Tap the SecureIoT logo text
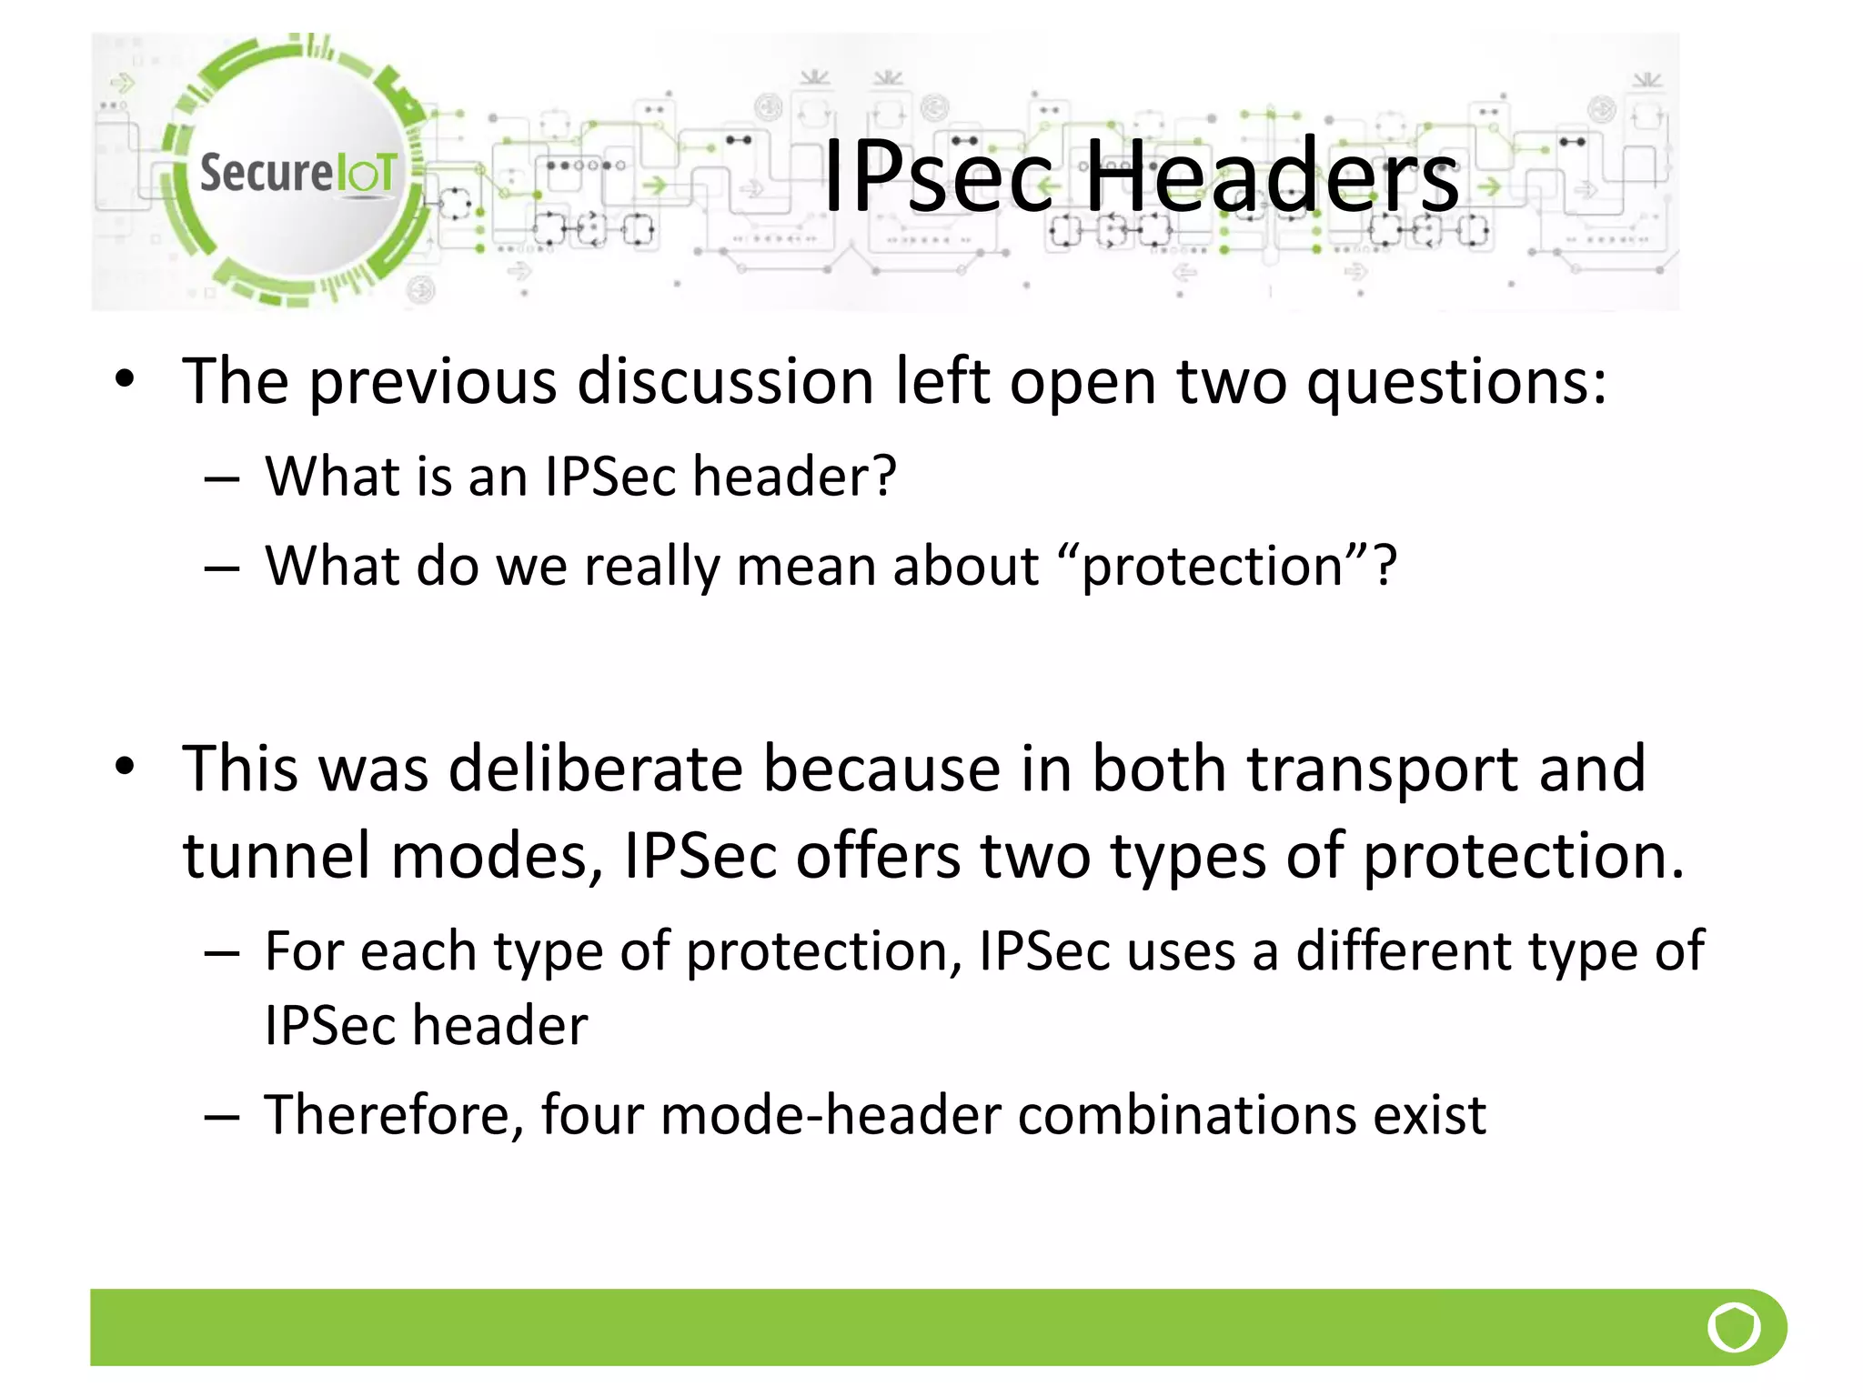click(x=298, y=173)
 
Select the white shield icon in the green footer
click(x=1734, y=1327)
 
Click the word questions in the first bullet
click(x=1455, y=382)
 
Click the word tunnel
click(x=277, y=857)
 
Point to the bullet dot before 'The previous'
click(x=126, y=379)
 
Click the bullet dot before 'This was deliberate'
click(x=126, y=767)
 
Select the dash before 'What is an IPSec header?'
click(x=222, y=477)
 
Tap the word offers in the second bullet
click(x=878, y=857)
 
